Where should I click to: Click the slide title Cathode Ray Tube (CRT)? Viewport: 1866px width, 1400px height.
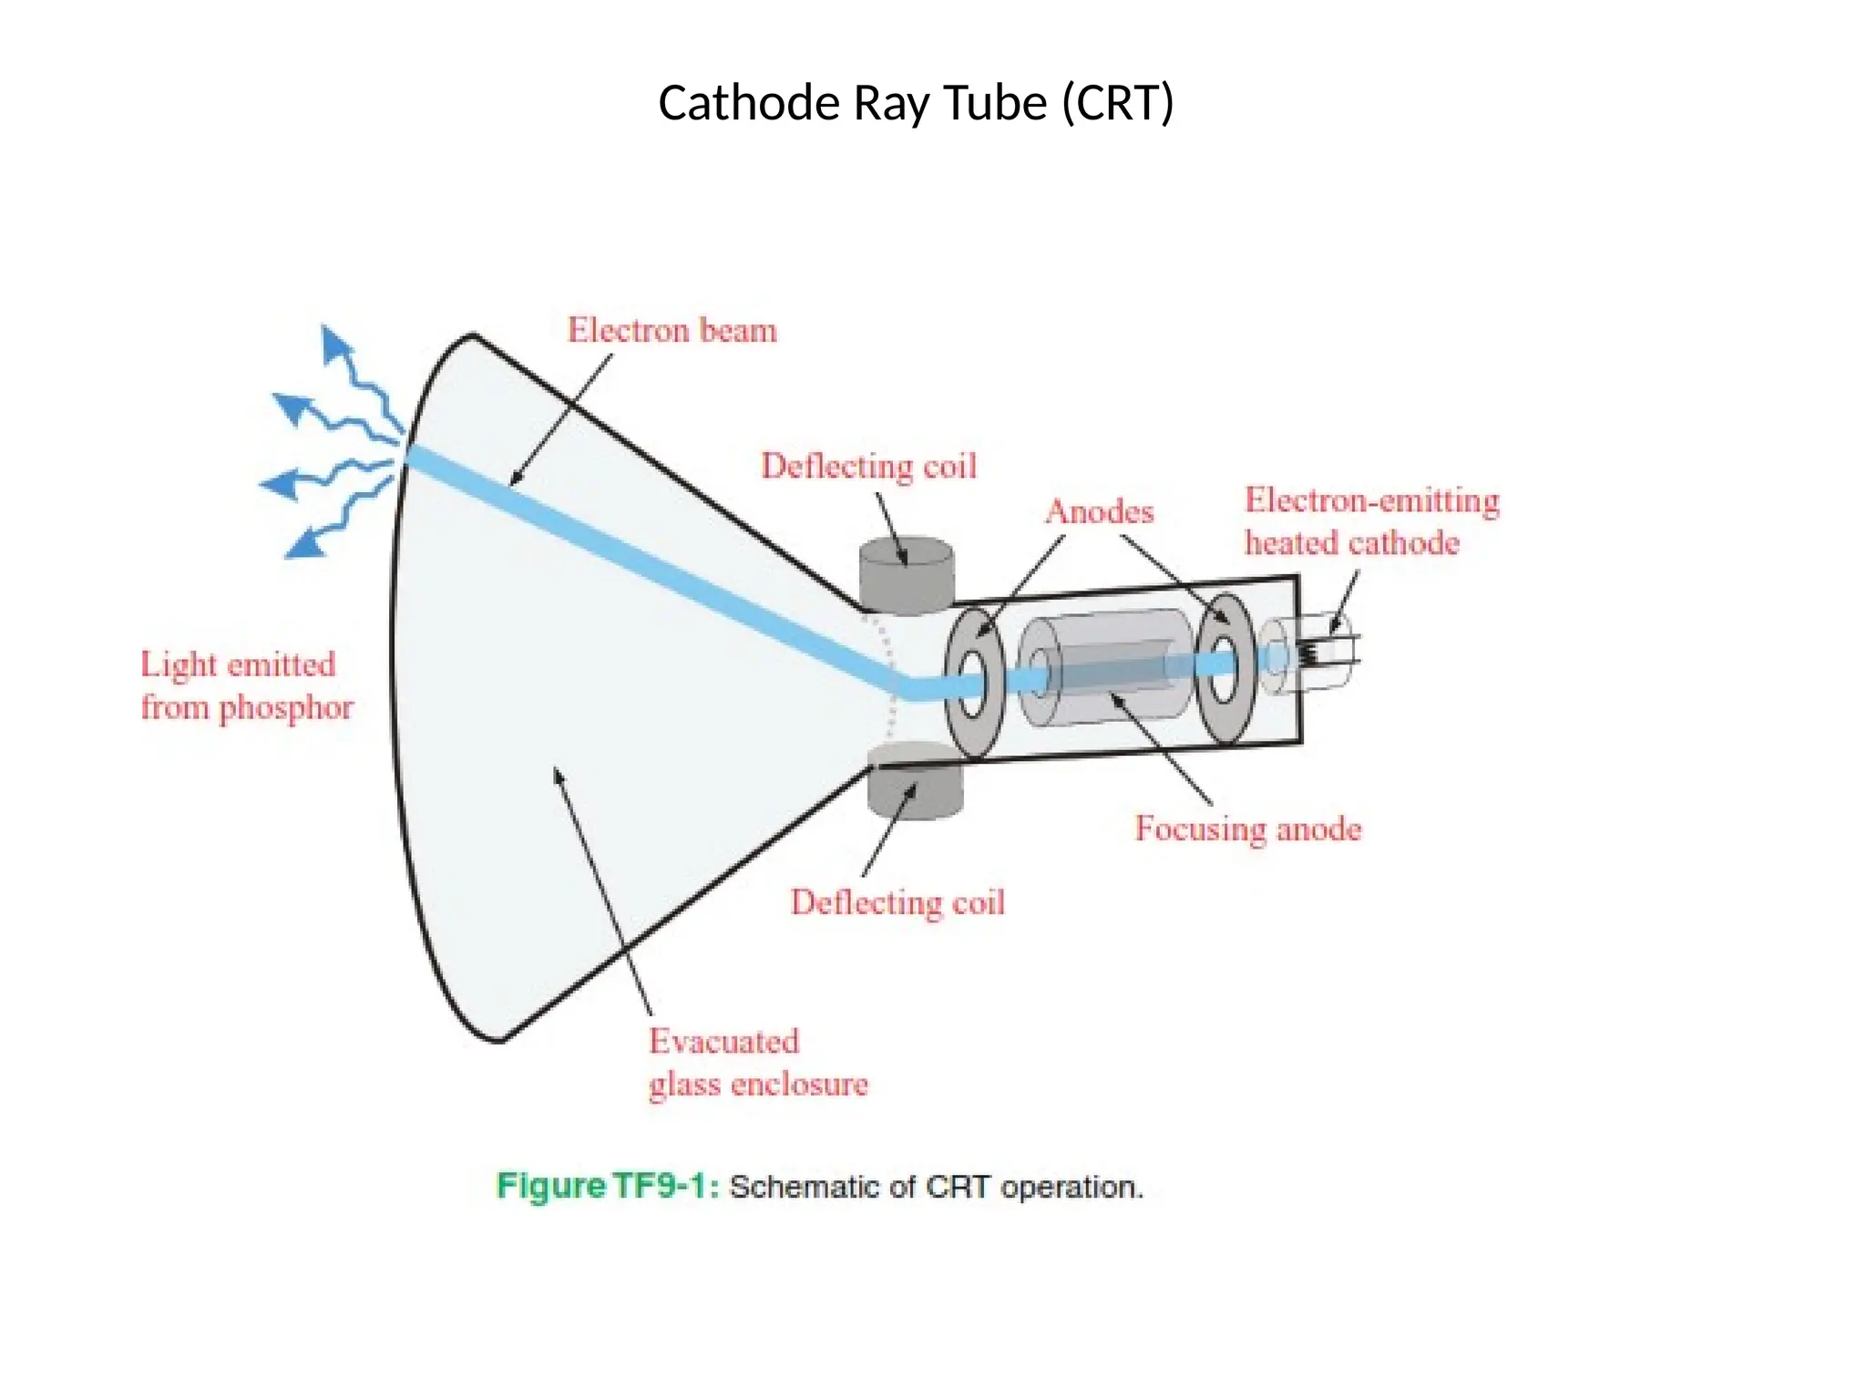[916, 103]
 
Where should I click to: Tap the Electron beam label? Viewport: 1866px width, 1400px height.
[672, 330]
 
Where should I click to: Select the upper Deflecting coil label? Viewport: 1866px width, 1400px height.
[869, 466]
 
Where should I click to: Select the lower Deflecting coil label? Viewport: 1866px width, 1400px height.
[897, 902]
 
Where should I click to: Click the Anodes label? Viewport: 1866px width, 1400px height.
[1100, 511]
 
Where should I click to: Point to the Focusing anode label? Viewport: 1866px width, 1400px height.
[1248, 829]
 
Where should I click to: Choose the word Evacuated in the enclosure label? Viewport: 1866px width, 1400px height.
[724, 1041]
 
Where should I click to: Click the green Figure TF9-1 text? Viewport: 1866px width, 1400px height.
[607, 1186]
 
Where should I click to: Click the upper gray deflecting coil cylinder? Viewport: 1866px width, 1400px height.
[907, 575]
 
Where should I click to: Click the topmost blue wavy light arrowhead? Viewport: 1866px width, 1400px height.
[335, 344]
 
